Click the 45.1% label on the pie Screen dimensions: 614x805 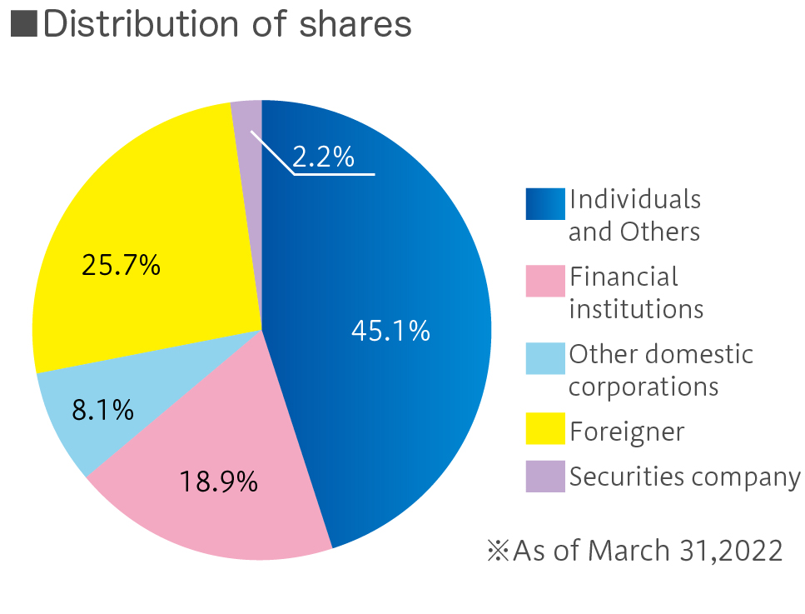click(x=390, y=331)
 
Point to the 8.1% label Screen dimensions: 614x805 click(x=102, y=409)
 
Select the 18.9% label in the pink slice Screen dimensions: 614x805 click(x=219, y=481)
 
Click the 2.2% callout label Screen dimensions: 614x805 click(x=323, y=157)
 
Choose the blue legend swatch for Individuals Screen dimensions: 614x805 click(x=545, y=204)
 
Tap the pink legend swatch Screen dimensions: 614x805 click(x=545, y=281)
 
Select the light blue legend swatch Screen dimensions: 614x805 click(x=545, y=358)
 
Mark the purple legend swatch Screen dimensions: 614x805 click(x=545, y=477)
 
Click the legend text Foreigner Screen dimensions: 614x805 click(x=627, y=432)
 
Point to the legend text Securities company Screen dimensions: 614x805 click(x=684, y=477)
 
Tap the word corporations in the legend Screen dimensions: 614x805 click(x=644, y=387)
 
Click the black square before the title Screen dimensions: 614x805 click(x=23, y=25)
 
